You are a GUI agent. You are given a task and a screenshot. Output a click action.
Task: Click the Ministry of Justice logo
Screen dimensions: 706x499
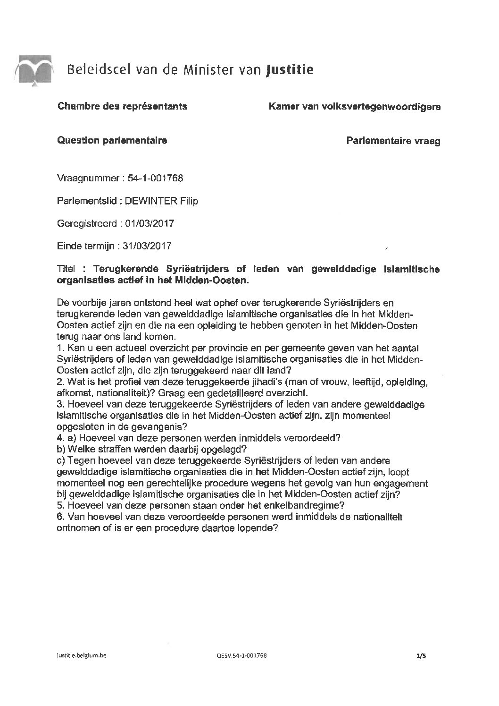click(33, 70)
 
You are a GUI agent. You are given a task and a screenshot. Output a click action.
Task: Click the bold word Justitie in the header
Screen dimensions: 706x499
click(290, 70)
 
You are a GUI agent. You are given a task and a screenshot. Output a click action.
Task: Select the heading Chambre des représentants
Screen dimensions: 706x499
click(122, 106)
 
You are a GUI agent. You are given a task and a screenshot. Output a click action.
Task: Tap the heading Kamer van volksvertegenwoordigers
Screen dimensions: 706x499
click(354, 107)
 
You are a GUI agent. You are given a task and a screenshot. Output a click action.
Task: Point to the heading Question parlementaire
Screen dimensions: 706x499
click(112, 140)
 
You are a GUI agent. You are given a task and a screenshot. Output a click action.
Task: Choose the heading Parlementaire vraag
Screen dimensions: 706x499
click(393, 141)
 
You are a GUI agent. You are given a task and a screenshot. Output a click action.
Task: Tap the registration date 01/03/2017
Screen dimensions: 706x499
click(150, 223)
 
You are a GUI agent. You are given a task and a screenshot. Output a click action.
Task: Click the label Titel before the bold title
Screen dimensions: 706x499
click(66, 269)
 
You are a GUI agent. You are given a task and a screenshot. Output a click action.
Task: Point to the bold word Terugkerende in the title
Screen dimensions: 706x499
click(126, 269)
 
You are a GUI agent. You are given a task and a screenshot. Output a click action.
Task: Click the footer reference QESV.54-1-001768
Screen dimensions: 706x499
click(243, 655)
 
